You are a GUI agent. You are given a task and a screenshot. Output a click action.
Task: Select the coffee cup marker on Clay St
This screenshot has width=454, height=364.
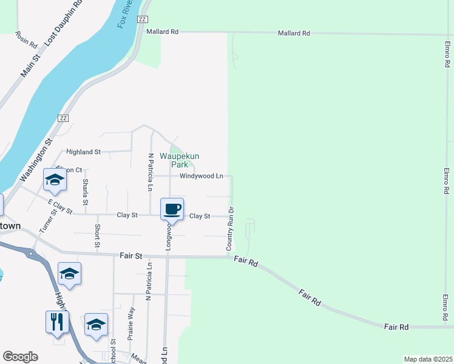point(172,209)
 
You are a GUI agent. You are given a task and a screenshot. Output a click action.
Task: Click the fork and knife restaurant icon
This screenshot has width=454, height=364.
point(57,322)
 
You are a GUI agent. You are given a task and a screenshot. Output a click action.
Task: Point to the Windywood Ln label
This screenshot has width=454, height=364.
point(202,176)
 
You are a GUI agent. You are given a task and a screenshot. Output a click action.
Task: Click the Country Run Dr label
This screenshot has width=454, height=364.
point(229,229)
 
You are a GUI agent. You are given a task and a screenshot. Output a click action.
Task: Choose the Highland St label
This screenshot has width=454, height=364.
point(83,152)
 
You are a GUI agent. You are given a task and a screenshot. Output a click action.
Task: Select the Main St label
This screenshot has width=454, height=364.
point(30,65)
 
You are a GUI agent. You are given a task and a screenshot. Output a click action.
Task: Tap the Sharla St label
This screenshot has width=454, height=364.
point(86,192)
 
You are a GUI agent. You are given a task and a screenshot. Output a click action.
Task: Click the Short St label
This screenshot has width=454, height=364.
point(97,236)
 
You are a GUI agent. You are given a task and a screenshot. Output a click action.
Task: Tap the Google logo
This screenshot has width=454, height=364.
point(20,357)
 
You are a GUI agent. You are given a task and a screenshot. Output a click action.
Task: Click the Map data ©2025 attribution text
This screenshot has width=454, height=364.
point(427,359)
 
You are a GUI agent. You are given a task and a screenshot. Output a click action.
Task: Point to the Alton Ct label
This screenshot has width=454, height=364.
point(69,169)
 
